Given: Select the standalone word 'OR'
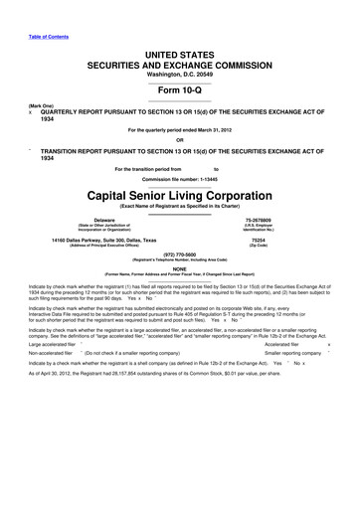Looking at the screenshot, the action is point(180,140).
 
